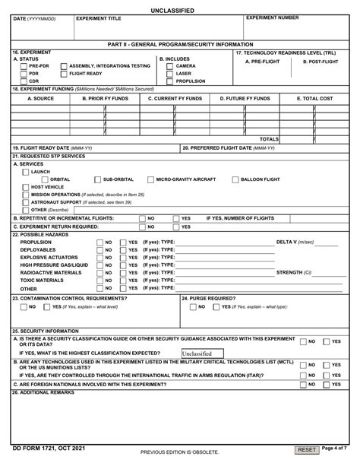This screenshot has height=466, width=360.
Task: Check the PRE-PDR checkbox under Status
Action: (x=24, y=66)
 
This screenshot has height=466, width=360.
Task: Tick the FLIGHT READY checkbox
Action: (x=63, y=74)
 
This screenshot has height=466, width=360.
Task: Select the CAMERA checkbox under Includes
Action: (x=169, y=66)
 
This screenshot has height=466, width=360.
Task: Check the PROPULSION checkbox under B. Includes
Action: (x=169, y=81)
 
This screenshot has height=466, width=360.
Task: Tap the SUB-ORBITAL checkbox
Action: (x=96, y=179)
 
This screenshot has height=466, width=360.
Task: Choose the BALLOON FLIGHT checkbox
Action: (x=235, y=179)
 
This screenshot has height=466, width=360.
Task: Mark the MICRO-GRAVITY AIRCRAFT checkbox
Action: (x=150, y=179)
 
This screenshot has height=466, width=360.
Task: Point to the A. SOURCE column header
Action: (x=40, y=99)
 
